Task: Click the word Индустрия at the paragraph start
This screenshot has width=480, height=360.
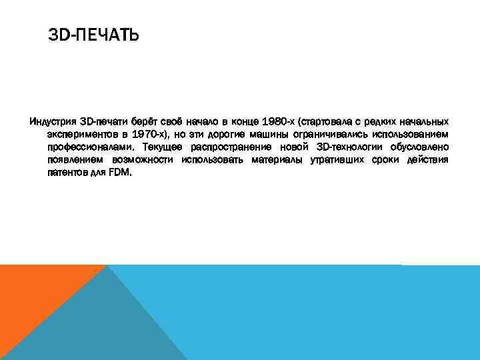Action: click(51, 122)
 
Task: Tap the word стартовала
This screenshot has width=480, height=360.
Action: click(327, 122)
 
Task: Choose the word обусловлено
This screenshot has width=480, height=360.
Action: click(420, 147)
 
